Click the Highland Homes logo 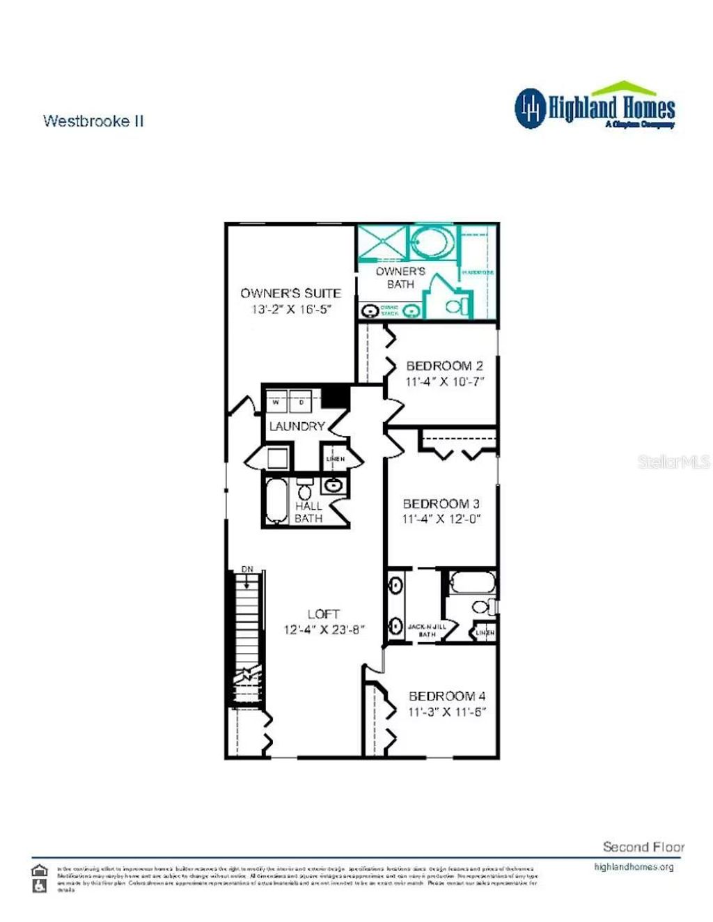(595, 106)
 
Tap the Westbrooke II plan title (93, 120)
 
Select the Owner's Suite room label (290, 293)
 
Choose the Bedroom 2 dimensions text (444, 382)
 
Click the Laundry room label (297, 426)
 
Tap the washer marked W (276, 403)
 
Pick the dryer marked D (301, 403)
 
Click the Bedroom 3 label (441, 503)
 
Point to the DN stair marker (247, 570)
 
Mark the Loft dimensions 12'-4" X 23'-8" (324, 630)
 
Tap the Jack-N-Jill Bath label (427, 630)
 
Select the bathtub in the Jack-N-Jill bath (472, 583)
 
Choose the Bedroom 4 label (447, 696)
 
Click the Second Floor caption (643, 847)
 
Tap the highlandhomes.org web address (634, 867)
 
